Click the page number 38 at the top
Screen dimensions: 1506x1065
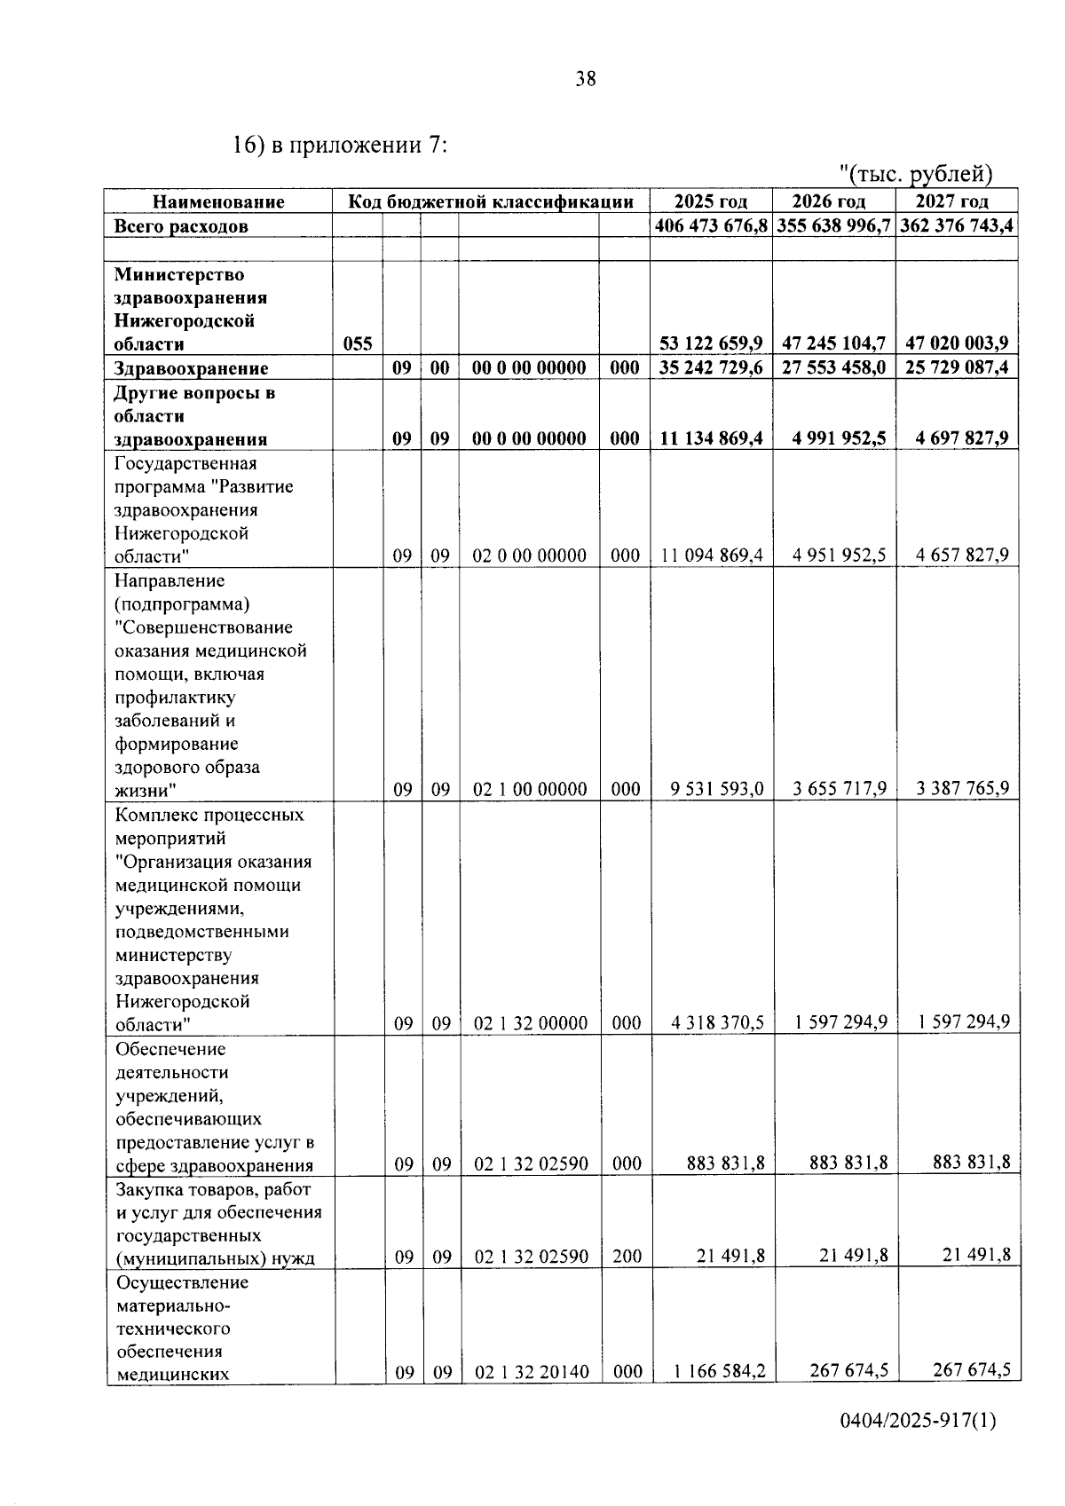point(586,79)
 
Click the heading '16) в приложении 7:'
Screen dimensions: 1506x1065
point(340,144)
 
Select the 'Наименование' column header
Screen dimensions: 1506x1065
point(218,202)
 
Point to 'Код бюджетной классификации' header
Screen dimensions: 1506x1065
point(491,202)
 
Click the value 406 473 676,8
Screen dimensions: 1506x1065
point(711,225)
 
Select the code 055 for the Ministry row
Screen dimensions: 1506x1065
point(358,343)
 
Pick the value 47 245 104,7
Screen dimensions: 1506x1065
point(833,343)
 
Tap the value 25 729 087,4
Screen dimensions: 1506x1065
point(956,367)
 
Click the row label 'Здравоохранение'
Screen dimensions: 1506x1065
point(192,368)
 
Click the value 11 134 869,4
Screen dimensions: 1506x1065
point(711,438)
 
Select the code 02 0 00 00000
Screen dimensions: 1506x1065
point(529,556)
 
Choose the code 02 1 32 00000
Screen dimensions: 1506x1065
point(530,1024)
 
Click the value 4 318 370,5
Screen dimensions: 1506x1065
point(717,1022)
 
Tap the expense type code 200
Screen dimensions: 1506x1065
point(627,1257)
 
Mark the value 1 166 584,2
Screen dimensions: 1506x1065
point(719,1371)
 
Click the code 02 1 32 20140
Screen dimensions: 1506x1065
point(531,1373)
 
